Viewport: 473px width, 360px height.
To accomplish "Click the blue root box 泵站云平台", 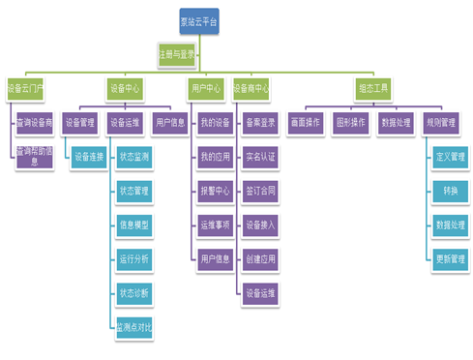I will coord(199,20).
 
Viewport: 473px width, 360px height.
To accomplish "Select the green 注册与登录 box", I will coord(177,55).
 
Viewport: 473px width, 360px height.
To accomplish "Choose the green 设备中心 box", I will coord(126,89).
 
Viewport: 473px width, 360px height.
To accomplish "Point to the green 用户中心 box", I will coord(205,89).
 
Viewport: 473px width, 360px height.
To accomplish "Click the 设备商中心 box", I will coord(251,89).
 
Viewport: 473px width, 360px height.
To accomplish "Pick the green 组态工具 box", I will coord(373,89).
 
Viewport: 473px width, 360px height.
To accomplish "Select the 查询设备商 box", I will coord(36,123).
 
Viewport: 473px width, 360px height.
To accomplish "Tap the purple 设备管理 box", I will coord(80,123).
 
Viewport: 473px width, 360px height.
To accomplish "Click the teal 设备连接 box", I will coord(90,156).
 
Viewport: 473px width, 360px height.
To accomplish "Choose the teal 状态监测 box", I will coord(133,156).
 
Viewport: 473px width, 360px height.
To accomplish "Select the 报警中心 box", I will coord(216,190).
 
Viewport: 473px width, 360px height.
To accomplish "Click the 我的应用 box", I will coord(216,156).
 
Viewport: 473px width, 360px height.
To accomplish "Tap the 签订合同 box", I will coord(261,190).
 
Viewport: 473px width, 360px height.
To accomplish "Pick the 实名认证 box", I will coord(261,156).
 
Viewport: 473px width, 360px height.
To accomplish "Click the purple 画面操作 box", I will coord(306,123).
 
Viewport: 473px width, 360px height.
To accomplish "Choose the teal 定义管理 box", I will coord(451,156).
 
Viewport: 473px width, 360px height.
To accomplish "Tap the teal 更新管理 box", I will coord(451,258).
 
